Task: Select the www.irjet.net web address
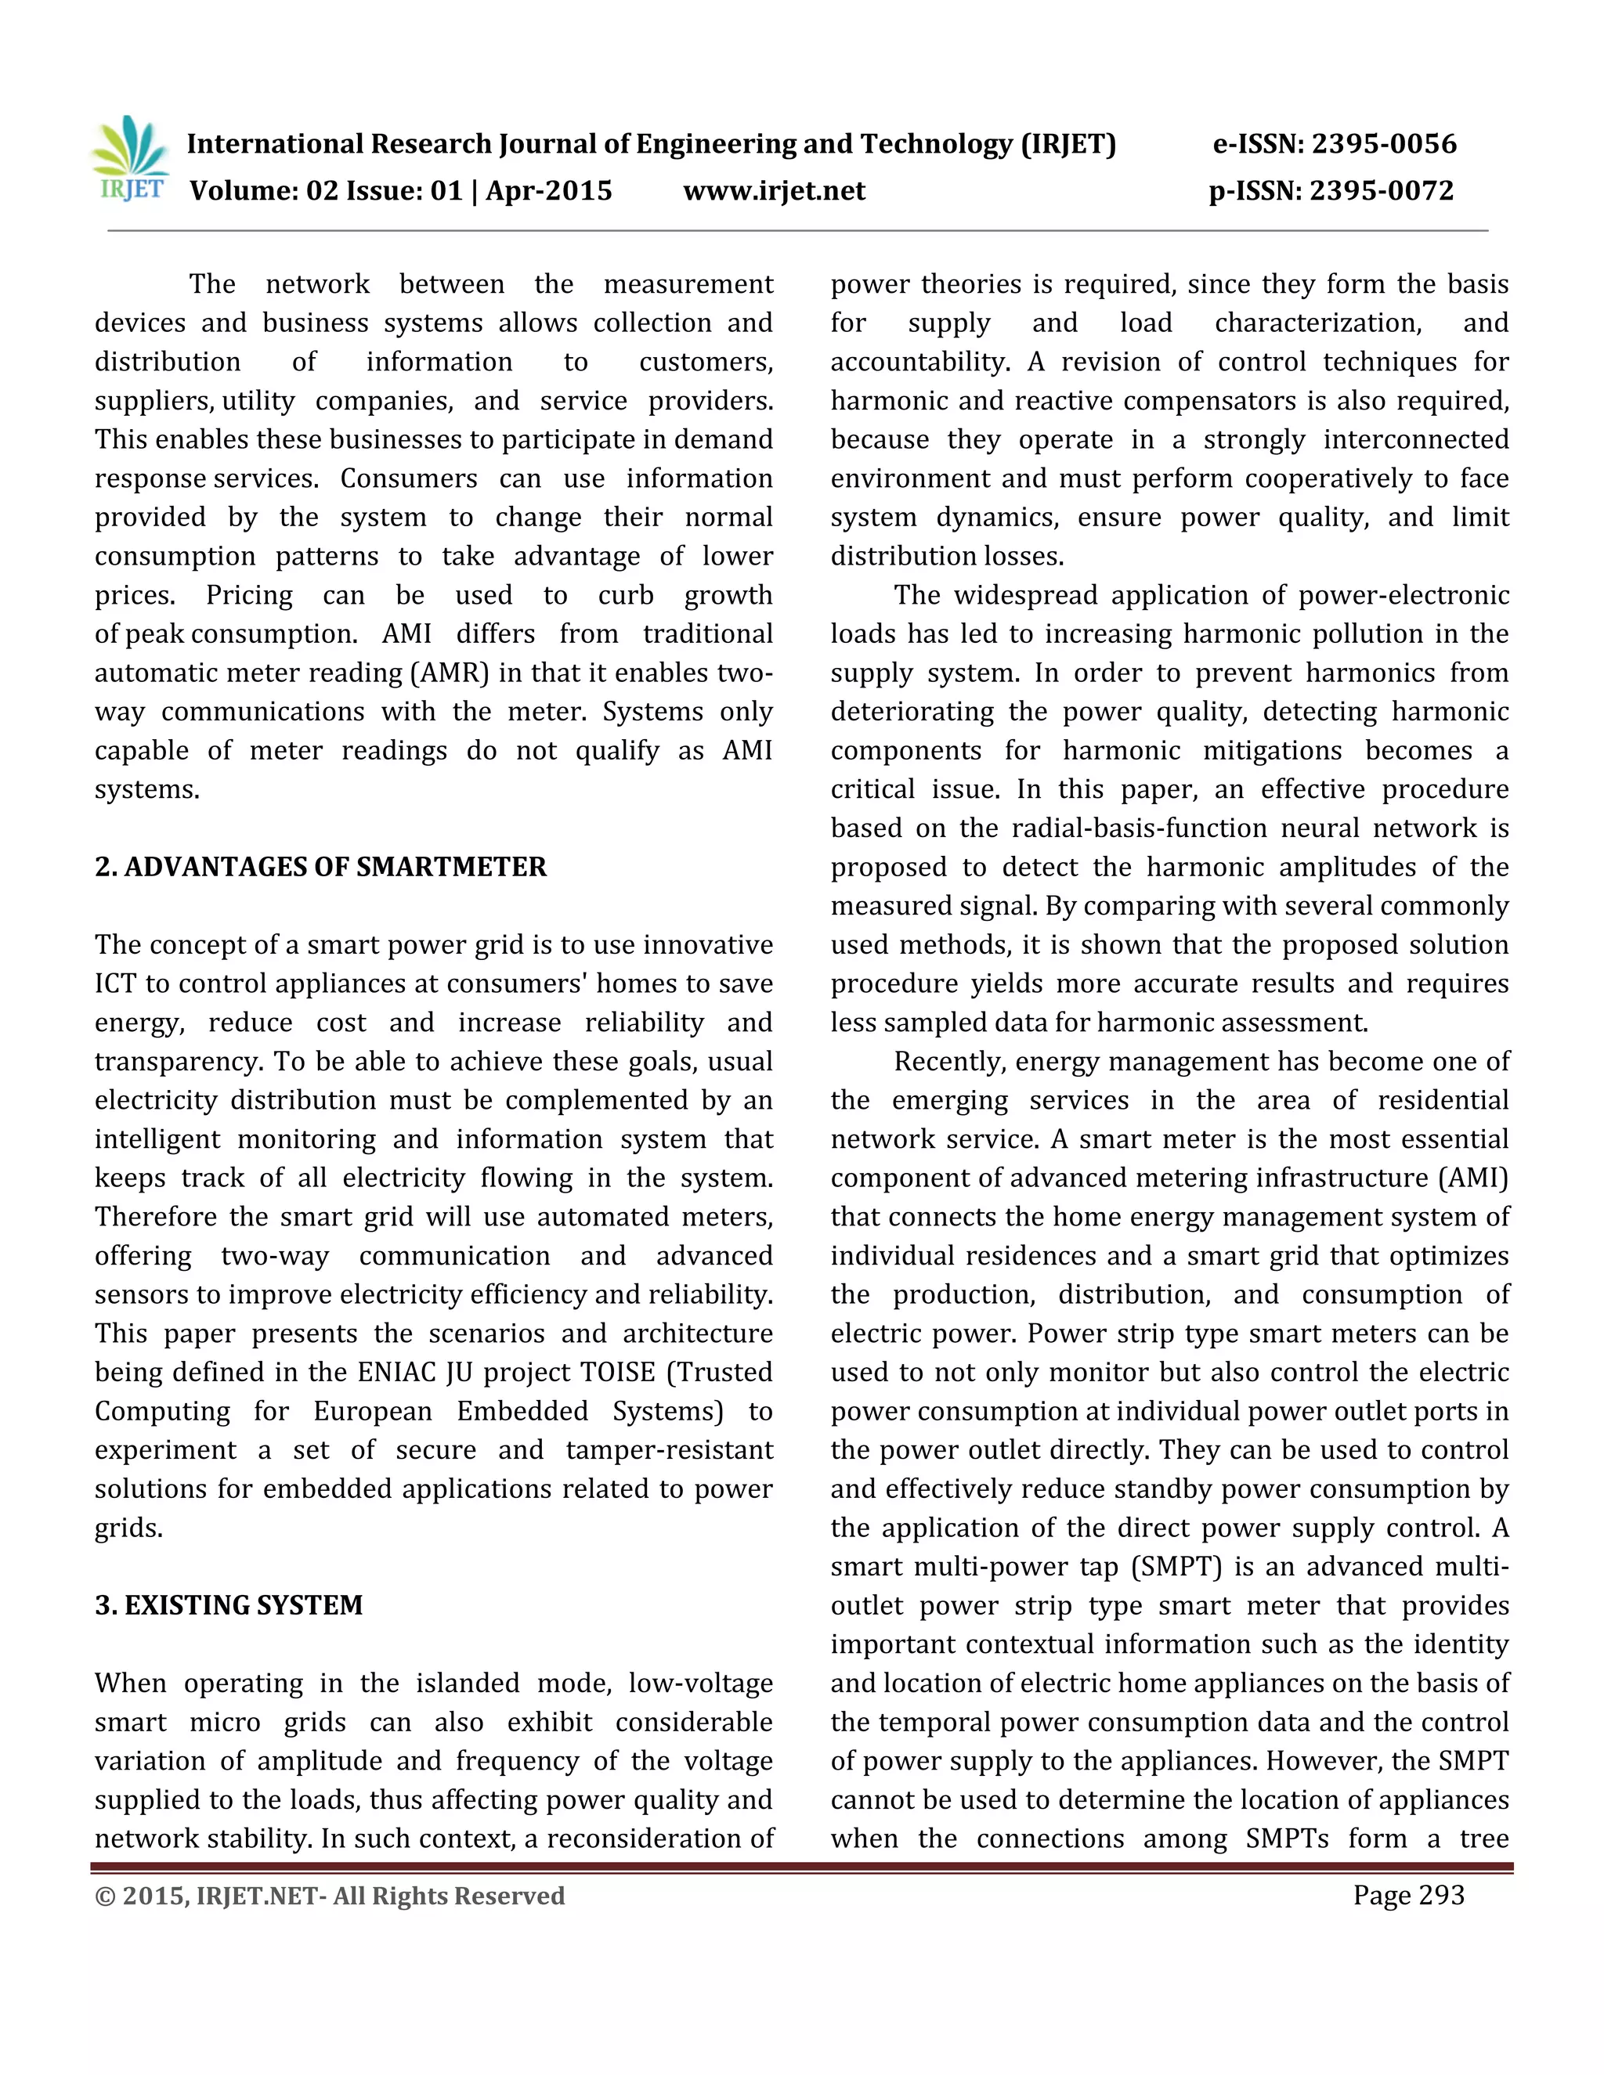[x=774, y=191]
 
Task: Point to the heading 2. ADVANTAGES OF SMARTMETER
[x=320, y=867]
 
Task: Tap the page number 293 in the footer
[x=1440, y=1896]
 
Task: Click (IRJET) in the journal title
[x=1068, y=144]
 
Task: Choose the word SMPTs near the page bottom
[x=1287, y=1839]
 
